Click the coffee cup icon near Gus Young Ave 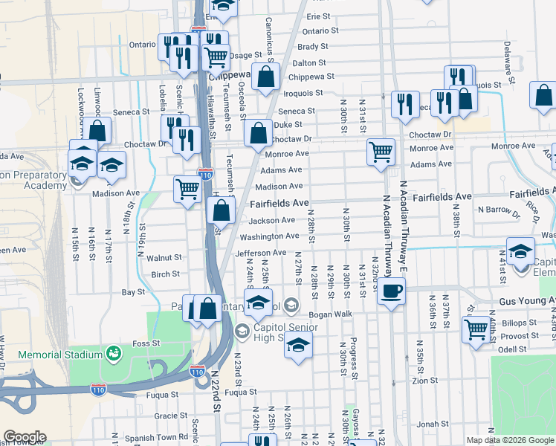click(x=392, y=290)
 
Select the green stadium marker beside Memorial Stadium click(x=114, y=352)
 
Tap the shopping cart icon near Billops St click(x=476, y=328)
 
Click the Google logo click(x=24, y=437)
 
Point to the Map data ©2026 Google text click(x=510, y=440)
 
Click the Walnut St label click(x=164, y=258)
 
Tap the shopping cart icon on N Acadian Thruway click(x=381, y=151)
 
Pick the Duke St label click(x=289, y=125)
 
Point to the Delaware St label click(x=510, y=62)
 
